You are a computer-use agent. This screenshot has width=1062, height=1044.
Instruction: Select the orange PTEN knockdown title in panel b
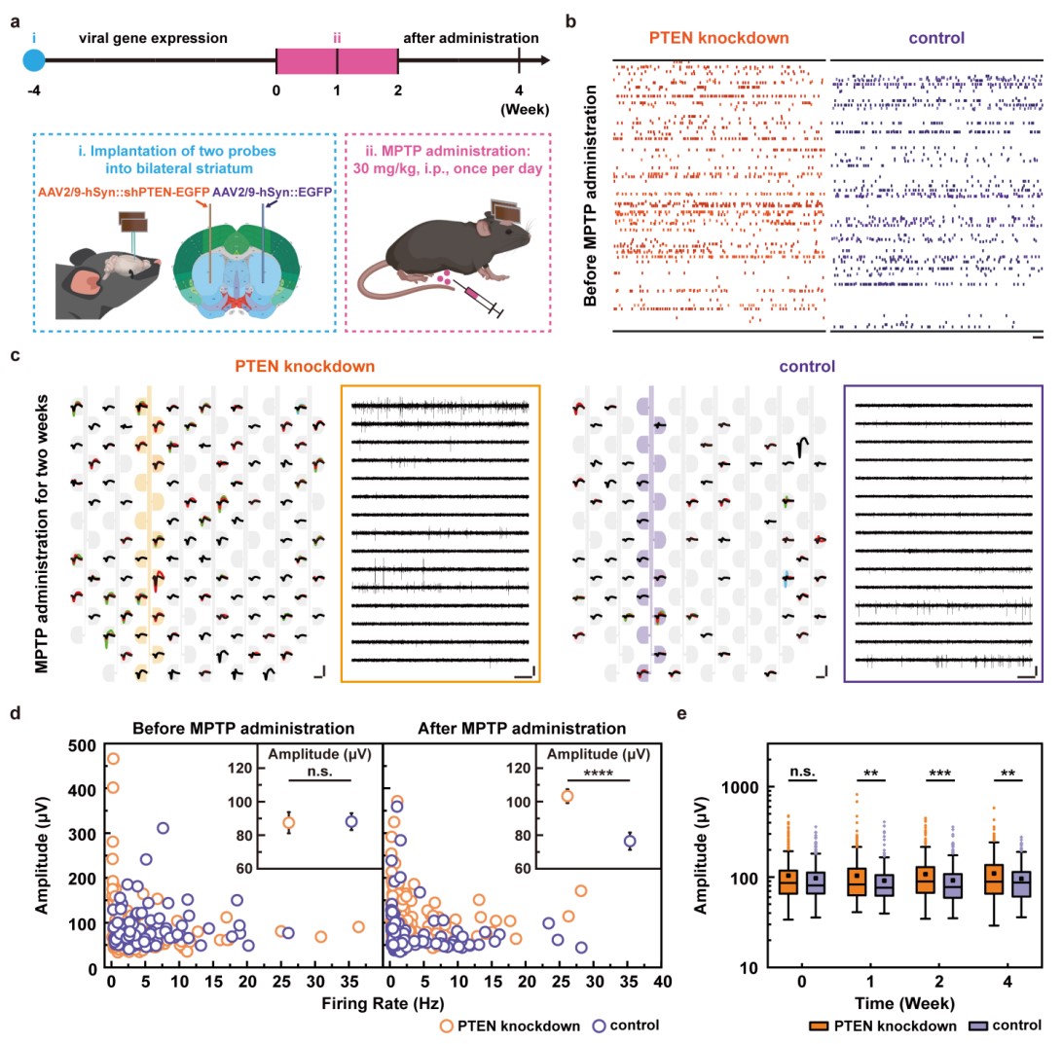point(719,39)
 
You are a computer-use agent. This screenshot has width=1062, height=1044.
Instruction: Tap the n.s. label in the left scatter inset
point(309,771)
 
